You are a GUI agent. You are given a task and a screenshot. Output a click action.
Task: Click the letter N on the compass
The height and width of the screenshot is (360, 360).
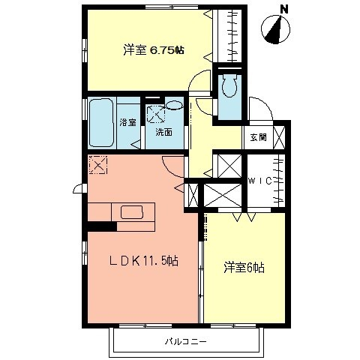[x=284, y=9]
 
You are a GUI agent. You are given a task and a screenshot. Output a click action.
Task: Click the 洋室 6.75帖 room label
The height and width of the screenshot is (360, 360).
[x=154, y=50]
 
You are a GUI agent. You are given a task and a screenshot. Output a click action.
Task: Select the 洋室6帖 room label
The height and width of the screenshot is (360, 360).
[x=242, y=267]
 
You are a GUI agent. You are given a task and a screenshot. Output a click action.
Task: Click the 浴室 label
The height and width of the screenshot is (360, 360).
[x=127, y=121]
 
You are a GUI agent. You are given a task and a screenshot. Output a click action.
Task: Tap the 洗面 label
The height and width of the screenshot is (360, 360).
[x=163, y=132]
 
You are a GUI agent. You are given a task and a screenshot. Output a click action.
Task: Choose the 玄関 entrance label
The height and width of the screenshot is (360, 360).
[x=259, y=136]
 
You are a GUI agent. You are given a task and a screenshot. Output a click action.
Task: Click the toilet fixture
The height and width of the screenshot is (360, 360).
[x=229, y=88]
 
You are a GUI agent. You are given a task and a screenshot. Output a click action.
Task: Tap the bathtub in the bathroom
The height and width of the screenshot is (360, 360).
[x=102, y=122]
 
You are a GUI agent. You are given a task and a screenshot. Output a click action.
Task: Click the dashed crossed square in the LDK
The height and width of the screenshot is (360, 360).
[x=98, y=164]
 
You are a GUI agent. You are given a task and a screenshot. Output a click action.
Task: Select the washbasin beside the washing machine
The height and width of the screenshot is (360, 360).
[x=175, y=106]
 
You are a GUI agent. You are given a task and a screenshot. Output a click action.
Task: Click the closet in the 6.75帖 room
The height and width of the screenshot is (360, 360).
[x=228, y=37]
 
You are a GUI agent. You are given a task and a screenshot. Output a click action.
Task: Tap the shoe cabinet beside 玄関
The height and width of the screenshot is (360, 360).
[x=279, y=137]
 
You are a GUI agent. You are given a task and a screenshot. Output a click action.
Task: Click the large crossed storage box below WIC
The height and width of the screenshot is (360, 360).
[x=223, y=193]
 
